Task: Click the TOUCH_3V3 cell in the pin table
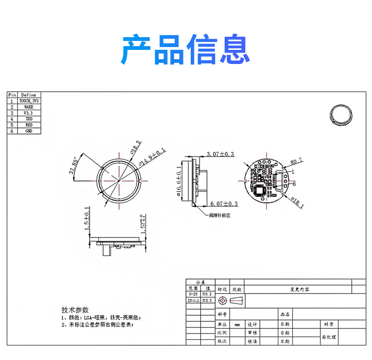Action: tap(29, 101)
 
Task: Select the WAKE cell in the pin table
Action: tap(29, 107)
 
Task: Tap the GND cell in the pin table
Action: tap(29, 131)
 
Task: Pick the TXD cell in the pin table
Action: tap(29, 120)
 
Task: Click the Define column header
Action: tap(29, 95)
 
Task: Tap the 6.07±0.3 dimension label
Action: tap(224, 204)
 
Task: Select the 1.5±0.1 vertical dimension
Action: tap(87, 219)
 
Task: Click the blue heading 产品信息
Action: tap(186, 49)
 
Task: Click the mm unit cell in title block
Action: tap(237, 325)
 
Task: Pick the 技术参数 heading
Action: tap(75, 310)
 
